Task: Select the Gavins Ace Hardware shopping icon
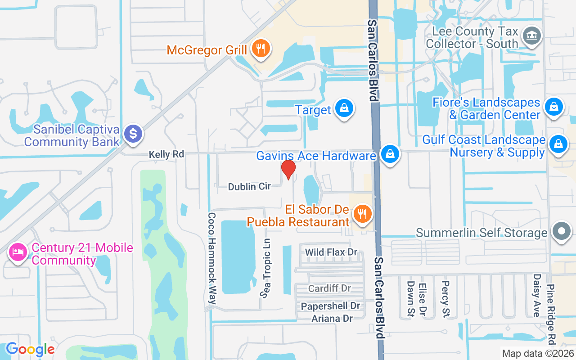(x=390, y=154)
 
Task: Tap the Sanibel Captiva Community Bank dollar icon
(x=133, y=134)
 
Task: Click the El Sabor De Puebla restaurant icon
(x=363, y=214)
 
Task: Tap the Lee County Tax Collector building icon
(x=531, y=36)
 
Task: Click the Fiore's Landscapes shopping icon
(x=553, y=107)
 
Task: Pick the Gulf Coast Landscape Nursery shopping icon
(x=558, y=144)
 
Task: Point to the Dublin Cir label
(x=249, y=186)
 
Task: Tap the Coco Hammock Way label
(x=212, y=258)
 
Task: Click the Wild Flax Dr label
(x=331, y=252)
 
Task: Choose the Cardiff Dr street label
(x=329, y=288)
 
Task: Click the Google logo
(x=30, y=349)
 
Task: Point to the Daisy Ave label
(x=536, y=295)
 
